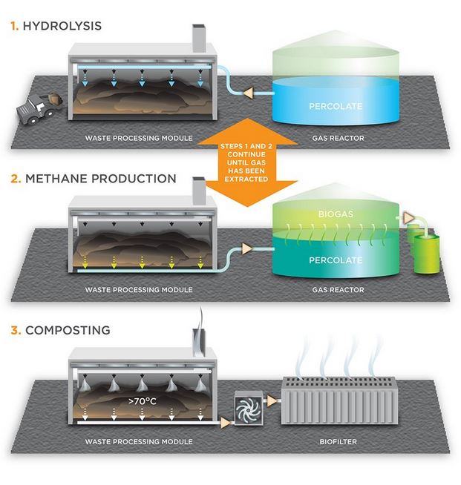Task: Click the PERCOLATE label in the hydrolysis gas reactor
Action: click(x=336, y=107)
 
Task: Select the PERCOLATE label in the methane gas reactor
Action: click(x=336, y=260)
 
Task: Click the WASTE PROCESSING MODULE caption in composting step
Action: click(x=138, y=442)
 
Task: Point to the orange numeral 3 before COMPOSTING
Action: click(x=13, y=329)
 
